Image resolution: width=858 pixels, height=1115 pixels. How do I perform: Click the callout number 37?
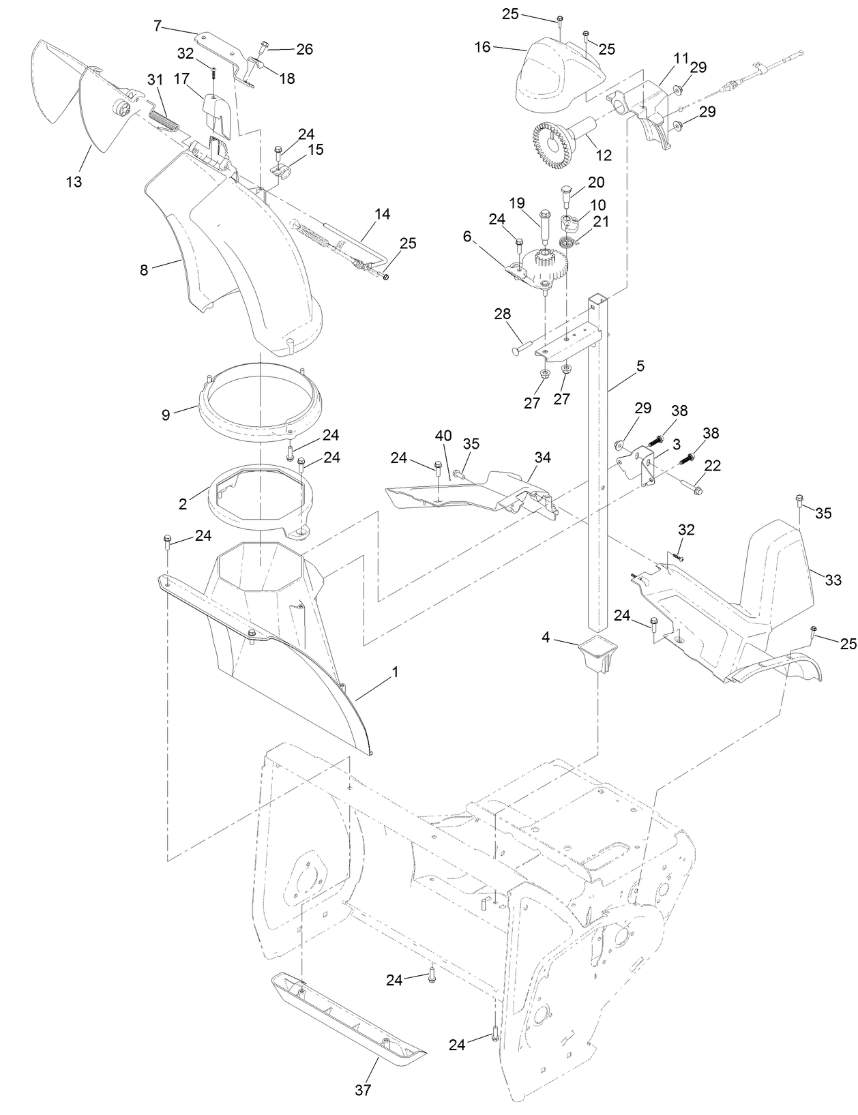tap(363, 1090)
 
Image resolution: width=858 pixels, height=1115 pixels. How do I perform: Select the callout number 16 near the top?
tap(482, 46)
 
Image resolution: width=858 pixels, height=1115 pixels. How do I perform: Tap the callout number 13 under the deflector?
tap(74, 181)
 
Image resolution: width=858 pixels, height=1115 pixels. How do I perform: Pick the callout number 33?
tap(833, 580)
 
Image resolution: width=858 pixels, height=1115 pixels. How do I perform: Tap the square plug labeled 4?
tap(598, 653)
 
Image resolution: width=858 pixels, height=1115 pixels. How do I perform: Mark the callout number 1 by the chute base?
tap(394, 672)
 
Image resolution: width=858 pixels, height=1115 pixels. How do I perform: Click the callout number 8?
tap(144, 270)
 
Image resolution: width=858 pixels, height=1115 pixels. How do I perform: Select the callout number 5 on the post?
tap(640, 366)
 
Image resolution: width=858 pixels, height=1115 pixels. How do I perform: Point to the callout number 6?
tap(467, 236)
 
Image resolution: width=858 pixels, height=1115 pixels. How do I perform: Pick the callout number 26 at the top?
tap(304, 49)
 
